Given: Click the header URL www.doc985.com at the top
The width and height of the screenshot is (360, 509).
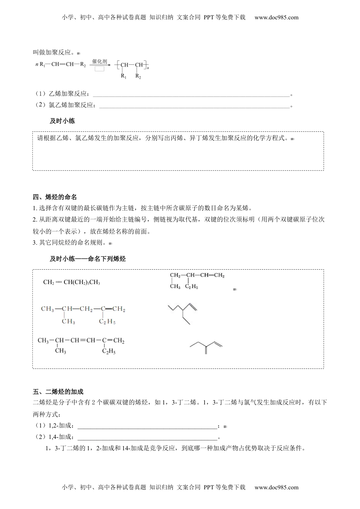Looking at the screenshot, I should click(276, 17).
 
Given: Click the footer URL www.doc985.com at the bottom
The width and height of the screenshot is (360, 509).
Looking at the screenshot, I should click(276, 487).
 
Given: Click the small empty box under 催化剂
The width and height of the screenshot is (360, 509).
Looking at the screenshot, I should click(100, 69).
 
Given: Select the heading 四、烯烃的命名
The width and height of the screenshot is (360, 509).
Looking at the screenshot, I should click(55, 197).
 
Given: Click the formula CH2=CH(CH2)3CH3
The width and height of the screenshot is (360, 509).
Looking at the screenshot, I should click(72, 282).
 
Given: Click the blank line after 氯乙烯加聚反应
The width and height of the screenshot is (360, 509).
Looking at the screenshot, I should click(194, 106).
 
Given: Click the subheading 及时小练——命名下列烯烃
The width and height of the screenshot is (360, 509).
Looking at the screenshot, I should click(88, 259).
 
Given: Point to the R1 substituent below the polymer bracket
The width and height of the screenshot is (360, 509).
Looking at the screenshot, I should click(124, 76).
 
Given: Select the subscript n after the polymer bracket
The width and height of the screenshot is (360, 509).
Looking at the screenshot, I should click(148, 68).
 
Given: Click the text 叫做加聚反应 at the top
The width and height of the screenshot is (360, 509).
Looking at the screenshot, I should click(55, 53).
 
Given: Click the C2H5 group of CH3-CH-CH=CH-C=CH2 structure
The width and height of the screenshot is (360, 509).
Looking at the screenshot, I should click(108, 352).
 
